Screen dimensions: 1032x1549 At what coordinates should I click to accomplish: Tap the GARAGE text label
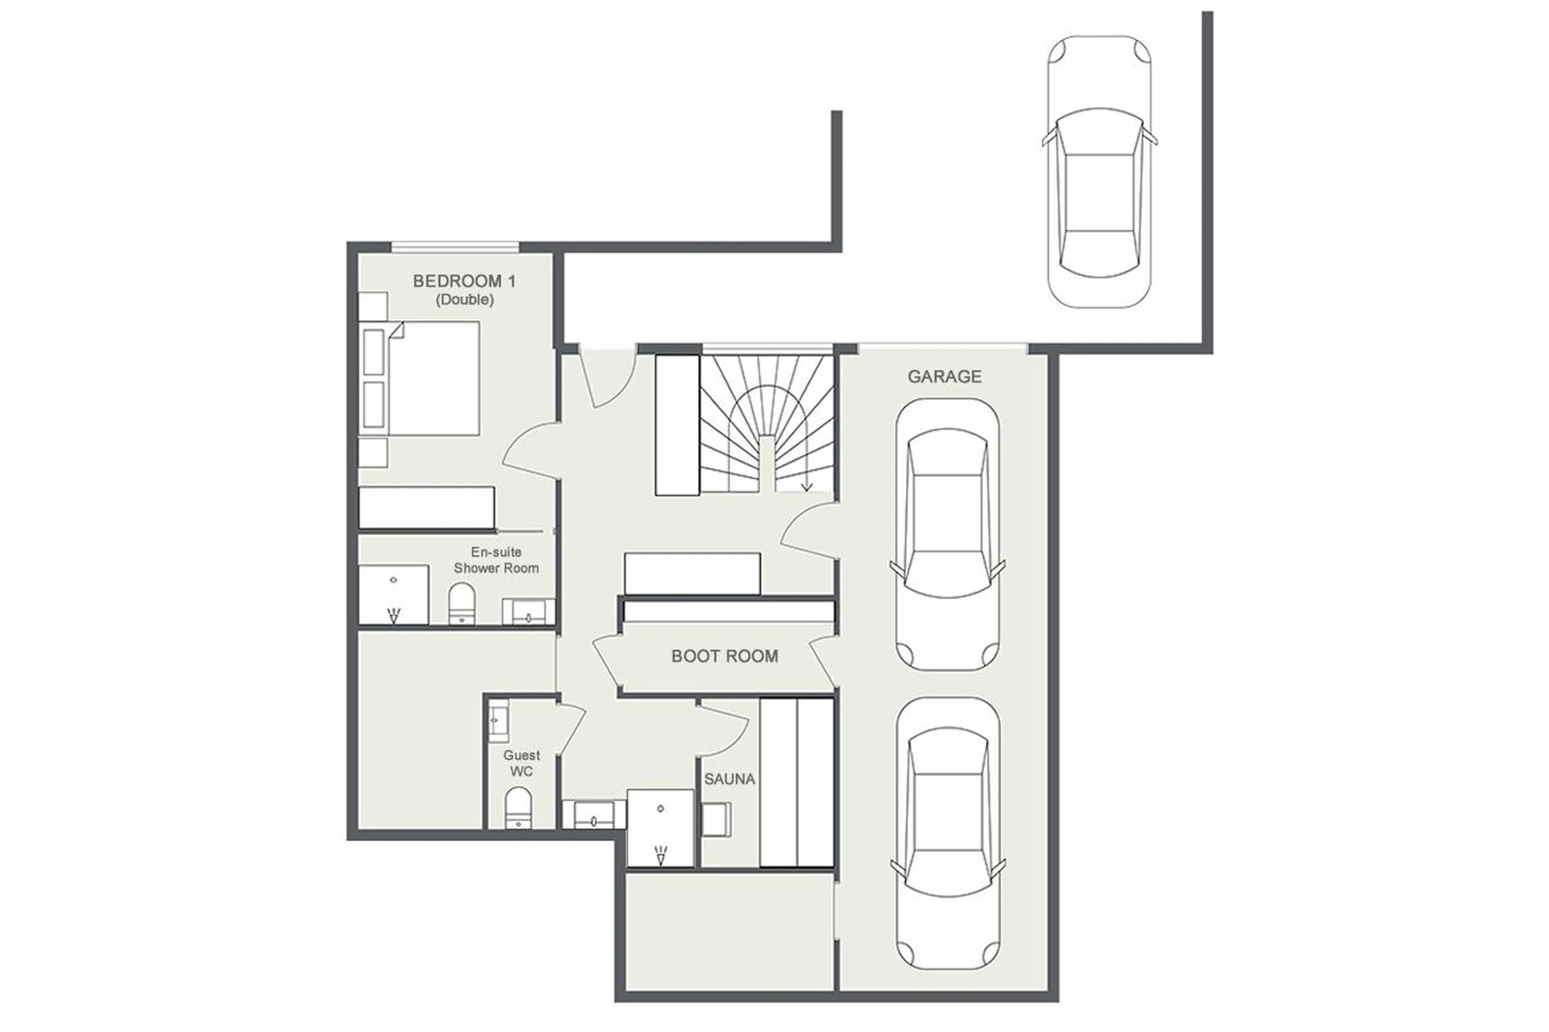(944, 377)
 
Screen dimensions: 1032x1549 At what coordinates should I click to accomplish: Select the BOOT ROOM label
(724, 656)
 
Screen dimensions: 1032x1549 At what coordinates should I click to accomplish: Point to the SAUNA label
(729, 779)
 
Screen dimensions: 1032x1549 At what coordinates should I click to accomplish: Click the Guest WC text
(522, 763)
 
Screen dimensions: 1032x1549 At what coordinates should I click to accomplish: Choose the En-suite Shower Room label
(496, 560)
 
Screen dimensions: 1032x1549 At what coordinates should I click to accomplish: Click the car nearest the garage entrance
(947, 534)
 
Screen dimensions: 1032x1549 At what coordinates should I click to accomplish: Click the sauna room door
(724, 729)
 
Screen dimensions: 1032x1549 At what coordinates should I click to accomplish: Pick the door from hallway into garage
(810, 530)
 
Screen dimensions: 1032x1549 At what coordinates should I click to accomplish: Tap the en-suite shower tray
(393, 594)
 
